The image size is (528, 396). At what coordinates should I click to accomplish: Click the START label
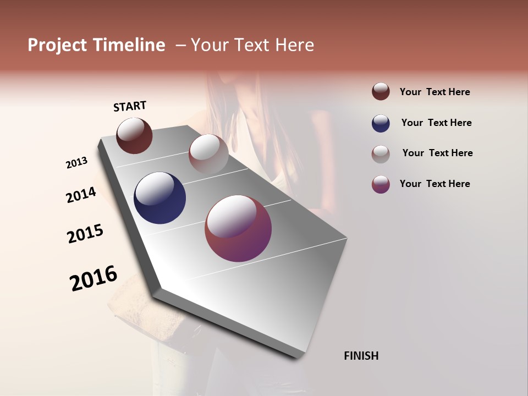pos(130,106)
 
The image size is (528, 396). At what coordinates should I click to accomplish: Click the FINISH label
pos(361,356)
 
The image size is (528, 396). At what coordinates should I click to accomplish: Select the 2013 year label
pos(77,163)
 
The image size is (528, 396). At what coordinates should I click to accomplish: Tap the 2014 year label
pos(81,195)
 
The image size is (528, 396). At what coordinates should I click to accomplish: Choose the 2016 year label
pos(94,278)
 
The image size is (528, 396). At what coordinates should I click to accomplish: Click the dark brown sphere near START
pos(134,135)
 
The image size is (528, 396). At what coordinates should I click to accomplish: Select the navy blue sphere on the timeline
pos(159,198)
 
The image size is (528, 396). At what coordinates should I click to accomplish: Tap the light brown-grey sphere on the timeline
pos(208,153)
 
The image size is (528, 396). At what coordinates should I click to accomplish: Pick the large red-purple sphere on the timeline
pos(238,228)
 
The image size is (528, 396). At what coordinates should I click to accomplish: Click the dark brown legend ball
pos(381,92)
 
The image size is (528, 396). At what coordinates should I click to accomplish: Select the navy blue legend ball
pos(381,123)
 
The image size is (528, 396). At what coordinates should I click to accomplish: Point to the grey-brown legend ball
pos(381,153)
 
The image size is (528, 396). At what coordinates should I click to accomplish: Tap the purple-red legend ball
pos(381,184)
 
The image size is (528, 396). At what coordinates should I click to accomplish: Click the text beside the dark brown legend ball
pos(435,92)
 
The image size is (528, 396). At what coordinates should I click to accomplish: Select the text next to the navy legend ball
pos(436,123)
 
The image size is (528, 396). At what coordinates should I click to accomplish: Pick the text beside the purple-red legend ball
pos(435,184)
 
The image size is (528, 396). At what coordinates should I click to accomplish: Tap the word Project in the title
pos(55,45)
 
